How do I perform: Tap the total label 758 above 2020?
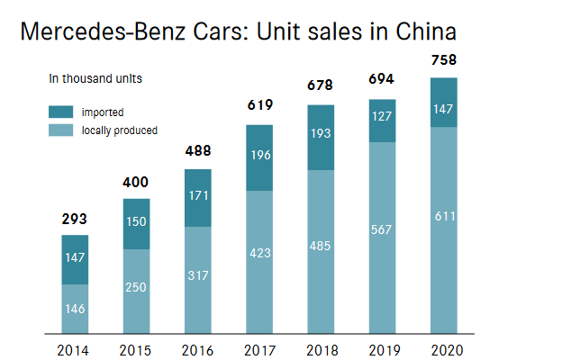pyautogui.click(x=444, y=60)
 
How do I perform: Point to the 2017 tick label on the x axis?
pyautogui.click(x=259, y=350)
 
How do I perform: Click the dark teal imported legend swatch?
pyautogui.click(x=61, y=112)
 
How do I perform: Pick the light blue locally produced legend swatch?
pyautogui.click(x=61, y=130)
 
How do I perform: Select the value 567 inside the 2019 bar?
pyautogui.click(x=383, y=229)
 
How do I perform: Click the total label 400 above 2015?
pyautogui.click(x=137, y=182)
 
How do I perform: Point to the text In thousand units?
pyautogui.click(x=95, y=78)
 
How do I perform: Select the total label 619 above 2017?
pyautogui.click(x=259, y=107)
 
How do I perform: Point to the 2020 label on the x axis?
pyautogui.click(x=444, y=350)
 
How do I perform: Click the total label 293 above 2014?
pyautogui.click(x=76, y=219)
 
